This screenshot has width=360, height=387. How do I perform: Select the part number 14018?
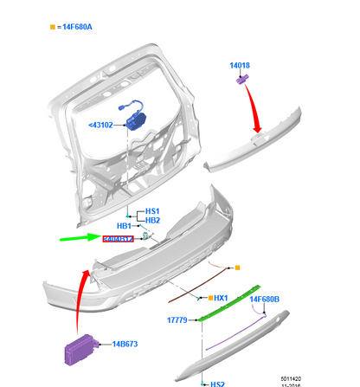pos(240,64)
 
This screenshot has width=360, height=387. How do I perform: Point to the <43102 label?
pos(102,126)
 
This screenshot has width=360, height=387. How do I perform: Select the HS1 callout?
pos(152,210)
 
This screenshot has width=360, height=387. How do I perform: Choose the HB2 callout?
pos(152,220)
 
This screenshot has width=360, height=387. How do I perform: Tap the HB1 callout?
pos(123,226)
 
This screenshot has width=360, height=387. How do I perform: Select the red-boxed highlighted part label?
pos(118,240)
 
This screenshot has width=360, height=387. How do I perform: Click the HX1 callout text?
pos(220,298)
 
